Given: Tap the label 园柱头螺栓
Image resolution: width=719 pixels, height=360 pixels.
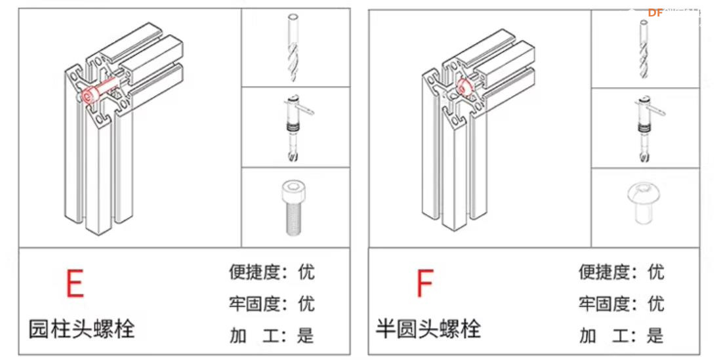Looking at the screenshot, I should [81, 329].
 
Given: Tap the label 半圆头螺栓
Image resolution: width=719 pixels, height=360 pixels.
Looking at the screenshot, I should [428, 328].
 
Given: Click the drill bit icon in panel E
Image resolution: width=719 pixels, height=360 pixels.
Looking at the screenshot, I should [295, 47].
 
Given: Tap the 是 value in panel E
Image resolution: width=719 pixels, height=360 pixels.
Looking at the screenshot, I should [306, 336].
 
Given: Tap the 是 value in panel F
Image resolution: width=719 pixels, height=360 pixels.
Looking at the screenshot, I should [655, 336].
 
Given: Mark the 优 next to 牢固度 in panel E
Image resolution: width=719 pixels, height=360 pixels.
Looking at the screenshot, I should [306, 304].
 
